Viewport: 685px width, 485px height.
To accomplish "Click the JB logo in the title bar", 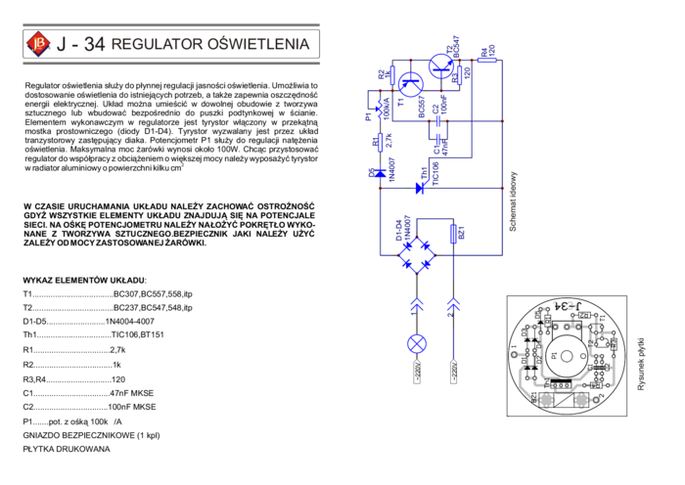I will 38,44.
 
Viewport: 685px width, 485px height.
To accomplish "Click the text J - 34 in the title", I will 81,44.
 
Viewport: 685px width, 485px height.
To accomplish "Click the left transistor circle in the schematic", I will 410,84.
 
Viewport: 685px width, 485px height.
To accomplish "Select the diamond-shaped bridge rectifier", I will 417,255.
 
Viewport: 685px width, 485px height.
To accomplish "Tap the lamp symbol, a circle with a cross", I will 417,343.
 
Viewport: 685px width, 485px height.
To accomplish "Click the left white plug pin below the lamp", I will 417,372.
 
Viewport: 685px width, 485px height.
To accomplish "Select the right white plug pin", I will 453,372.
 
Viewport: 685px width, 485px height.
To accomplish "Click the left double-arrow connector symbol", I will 417,305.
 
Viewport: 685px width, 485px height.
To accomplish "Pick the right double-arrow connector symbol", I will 453,305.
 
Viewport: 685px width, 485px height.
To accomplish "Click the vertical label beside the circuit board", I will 641,364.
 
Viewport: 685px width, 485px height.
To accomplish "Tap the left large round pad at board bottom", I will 546,399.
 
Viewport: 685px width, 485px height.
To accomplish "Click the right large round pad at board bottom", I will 581,399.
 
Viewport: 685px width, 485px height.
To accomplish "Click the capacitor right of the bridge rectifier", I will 454,234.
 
